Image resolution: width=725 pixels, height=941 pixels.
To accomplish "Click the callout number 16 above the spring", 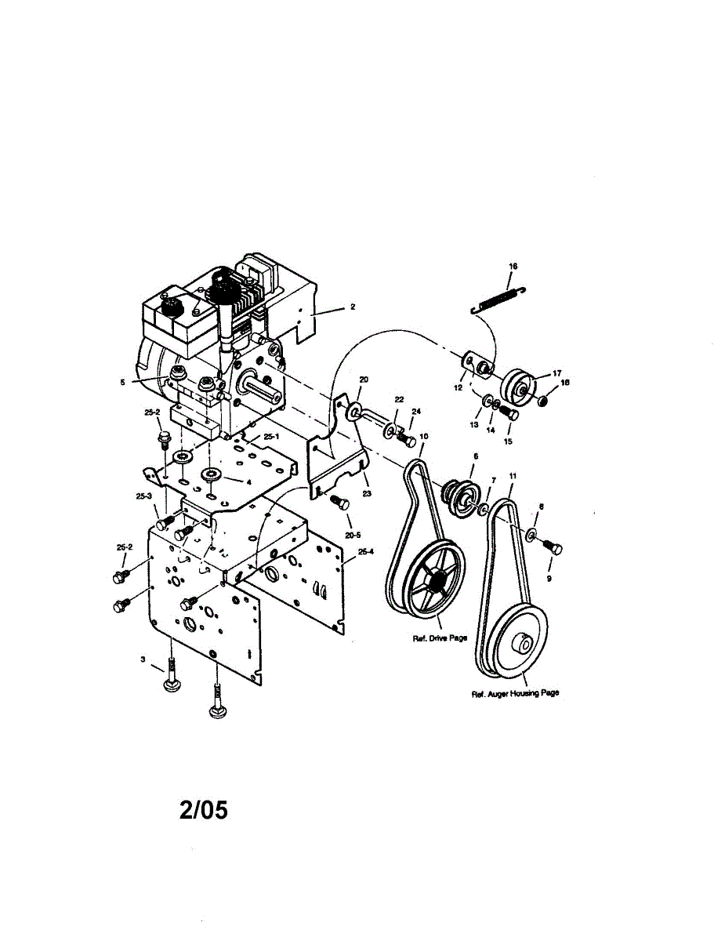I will (x=513, y=267).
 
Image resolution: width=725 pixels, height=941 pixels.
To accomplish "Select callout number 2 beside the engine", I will (x=353, y=307).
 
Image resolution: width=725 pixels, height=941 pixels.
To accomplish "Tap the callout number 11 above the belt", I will (x=513, y=476).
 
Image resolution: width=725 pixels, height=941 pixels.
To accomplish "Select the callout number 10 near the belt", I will (x=424, y=437).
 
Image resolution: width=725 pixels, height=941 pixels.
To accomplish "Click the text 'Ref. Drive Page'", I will (x=440, y=638).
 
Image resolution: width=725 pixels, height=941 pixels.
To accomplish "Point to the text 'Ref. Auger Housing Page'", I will (x=515, y=694).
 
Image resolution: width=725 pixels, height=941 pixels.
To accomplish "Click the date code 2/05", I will (x=204, y=809).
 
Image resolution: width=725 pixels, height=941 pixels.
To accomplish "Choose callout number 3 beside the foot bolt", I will (x=143, y=659).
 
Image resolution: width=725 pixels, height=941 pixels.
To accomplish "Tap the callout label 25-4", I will (x=365, y=551).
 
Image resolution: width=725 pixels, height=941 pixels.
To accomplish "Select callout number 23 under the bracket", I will (x=367, y=494).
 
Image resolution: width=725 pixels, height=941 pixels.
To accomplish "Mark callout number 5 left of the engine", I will (x=122, y=383).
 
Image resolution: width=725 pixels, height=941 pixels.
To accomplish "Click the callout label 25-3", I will (x=143, y=496).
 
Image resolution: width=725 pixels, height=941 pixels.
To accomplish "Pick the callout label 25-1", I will (x=271, y=436).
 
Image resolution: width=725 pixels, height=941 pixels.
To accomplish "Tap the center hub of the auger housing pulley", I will (x=519, y=645).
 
